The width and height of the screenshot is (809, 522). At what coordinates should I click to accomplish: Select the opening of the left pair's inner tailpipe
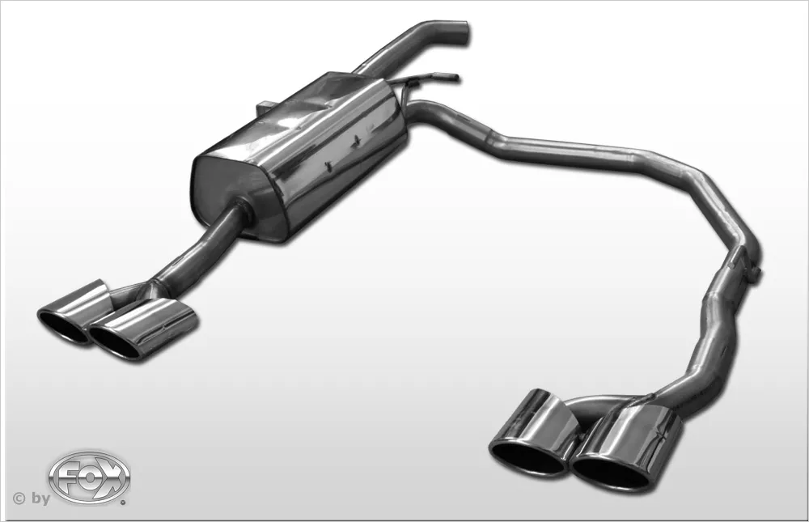[x=116, y=342]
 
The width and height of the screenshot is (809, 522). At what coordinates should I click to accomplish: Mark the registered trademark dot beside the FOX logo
[x=123, y=502]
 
